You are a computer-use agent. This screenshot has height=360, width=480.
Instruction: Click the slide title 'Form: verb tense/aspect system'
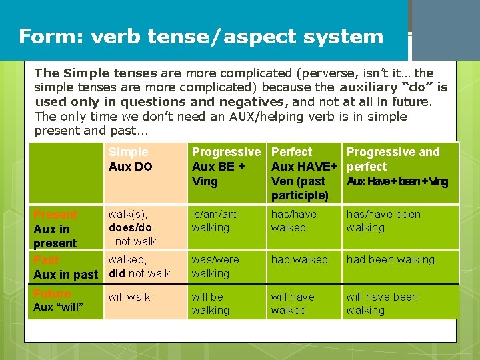201,36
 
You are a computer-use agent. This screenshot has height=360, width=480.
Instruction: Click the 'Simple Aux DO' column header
130,159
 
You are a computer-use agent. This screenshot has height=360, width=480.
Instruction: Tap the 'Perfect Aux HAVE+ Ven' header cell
304,173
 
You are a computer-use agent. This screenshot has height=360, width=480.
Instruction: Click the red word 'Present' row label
55,215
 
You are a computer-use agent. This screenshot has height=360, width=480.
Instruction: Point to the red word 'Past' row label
46,260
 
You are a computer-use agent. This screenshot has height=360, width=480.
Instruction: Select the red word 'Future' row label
51,293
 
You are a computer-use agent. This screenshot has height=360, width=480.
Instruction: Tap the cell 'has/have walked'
293,221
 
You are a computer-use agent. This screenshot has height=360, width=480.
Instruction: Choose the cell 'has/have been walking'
383,221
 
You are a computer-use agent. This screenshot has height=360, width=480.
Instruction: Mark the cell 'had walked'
299,260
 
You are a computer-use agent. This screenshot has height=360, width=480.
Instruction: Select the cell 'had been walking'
390,260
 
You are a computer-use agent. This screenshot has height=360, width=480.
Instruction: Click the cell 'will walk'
129,297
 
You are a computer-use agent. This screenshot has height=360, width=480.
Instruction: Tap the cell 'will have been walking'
381,303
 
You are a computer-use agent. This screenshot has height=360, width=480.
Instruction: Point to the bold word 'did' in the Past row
117,273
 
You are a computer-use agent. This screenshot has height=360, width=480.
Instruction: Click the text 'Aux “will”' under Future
58,307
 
